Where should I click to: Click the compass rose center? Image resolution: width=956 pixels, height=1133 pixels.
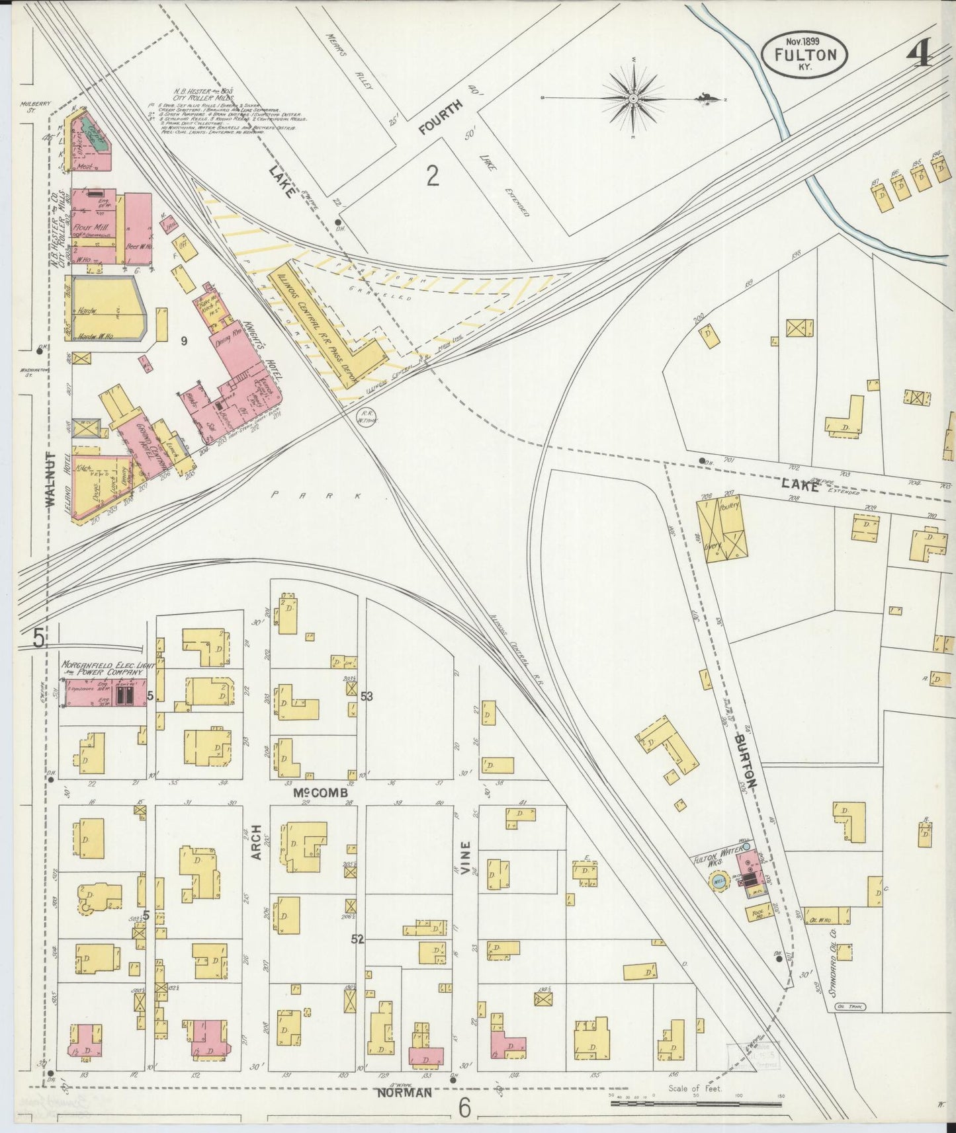(633, 98)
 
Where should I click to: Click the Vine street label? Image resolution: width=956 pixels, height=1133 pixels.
(466, 857)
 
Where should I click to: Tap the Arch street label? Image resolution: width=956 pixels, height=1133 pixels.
(257, 843)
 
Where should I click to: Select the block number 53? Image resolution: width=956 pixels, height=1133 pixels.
(367, 696)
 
